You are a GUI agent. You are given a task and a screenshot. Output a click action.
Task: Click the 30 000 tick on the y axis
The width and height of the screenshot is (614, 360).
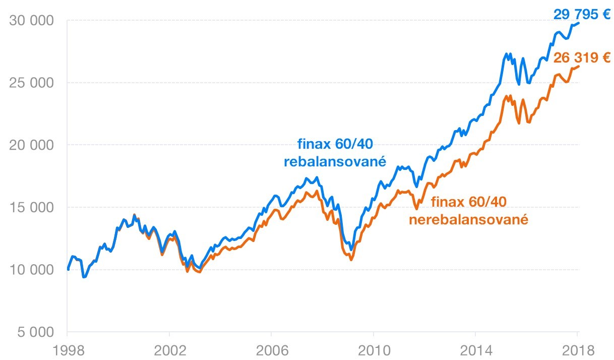tap(32, 21)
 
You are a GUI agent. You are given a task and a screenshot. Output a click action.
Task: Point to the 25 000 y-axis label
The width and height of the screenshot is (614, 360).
tap(32, 83)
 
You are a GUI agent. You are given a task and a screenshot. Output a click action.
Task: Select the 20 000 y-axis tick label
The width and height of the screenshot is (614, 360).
tap(32, 145)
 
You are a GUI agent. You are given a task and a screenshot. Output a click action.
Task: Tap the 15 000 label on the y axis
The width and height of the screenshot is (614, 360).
tap(32, 208)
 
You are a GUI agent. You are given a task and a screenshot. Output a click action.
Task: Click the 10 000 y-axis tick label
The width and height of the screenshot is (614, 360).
tap(32, 270)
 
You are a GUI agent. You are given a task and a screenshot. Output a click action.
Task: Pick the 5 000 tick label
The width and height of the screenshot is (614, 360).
tap(35, 333)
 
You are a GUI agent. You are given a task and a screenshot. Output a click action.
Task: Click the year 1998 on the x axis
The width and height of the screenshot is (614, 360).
tap(67, 349)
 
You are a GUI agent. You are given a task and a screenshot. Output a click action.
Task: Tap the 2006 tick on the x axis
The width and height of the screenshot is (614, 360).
tap(271, 349)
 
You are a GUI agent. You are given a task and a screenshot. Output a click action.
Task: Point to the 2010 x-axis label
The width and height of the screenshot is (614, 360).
tap(373, 349)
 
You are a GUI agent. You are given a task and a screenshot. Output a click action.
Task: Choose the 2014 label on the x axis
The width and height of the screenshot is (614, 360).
tap(475, 349)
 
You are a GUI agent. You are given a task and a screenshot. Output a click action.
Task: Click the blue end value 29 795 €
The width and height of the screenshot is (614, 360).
tap(582, 14)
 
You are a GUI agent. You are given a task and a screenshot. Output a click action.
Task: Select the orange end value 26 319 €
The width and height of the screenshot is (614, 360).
tap(582, 57)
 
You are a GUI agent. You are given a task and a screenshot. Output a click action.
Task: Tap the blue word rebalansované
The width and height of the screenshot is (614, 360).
tap(335, 162)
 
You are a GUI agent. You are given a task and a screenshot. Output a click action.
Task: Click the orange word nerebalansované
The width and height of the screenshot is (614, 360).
tap(468, 220)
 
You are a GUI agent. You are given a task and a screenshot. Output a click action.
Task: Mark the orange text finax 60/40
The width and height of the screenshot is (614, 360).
tap(468, 202)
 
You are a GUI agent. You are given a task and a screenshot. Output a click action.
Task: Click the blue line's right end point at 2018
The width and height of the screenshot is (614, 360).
tap(579, 23)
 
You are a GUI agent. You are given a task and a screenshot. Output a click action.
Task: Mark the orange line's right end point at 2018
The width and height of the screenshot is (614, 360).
tap(579, 66)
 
